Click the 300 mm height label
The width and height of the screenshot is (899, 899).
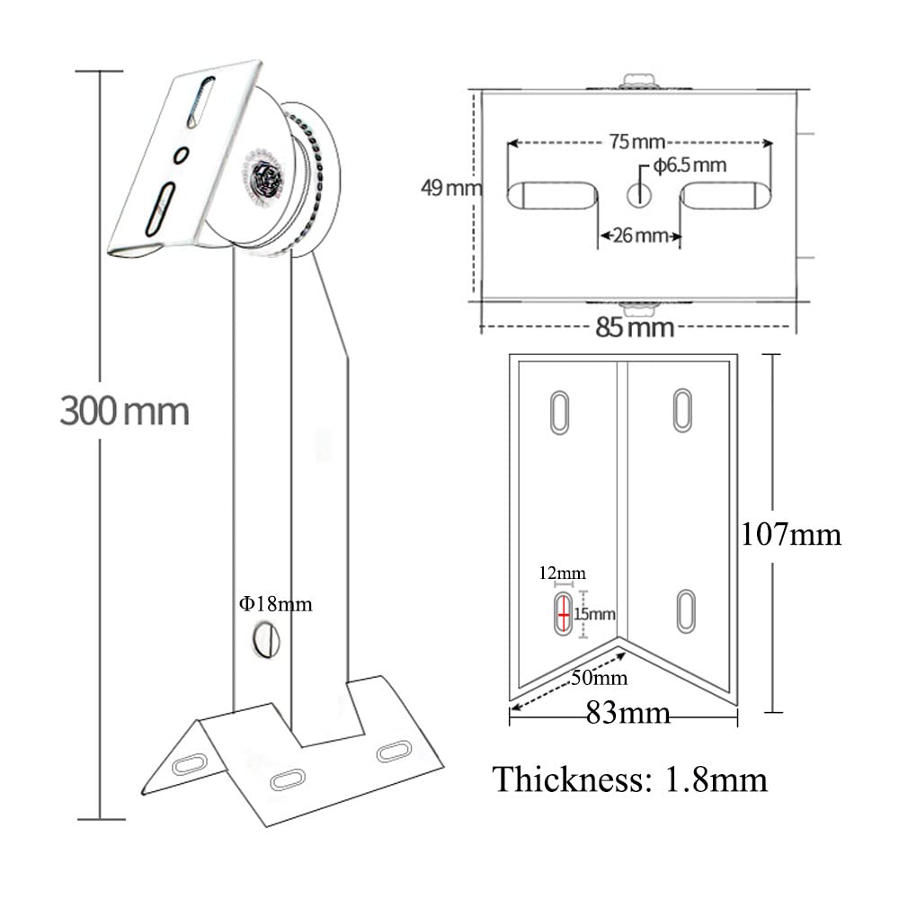click(x=125, y=412)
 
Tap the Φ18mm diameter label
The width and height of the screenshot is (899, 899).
click(x=275, y=604)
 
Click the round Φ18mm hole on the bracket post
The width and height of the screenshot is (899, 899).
click(x=266, y=641)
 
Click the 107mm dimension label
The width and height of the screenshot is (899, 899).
click(x=790, y=535)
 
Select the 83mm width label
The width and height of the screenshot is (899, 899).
click(x=628, y=714)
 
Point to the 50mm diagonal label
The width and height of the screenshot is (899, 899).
click(x=600, y=677)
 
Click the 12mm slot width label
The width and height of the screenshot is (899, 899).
click(x=562, y=573)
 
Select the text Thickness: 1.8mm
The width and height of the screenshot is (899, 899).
click(x=629, y=779)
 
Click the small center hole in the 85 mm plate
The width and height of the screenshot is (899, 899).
click(x=638, y=193)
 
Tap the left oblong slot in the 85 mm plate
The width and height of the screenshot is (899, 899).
click(x=552, y=195)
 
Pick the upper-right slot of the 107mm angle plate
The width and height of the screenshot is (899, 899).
click(x=683, y=410)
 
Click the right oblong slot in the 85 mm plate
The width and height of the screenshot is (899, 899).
click(x=725, y=195)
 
